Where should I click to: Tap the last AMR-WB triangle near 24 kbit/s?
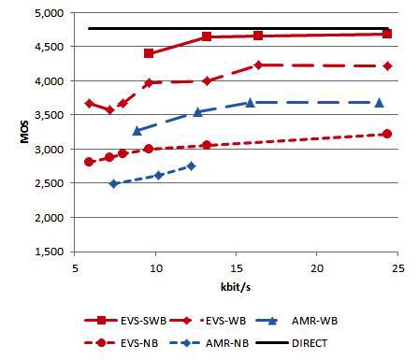tap(379, 102)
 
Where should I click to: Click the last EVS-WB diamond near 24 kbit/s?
tap(387, 65)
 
